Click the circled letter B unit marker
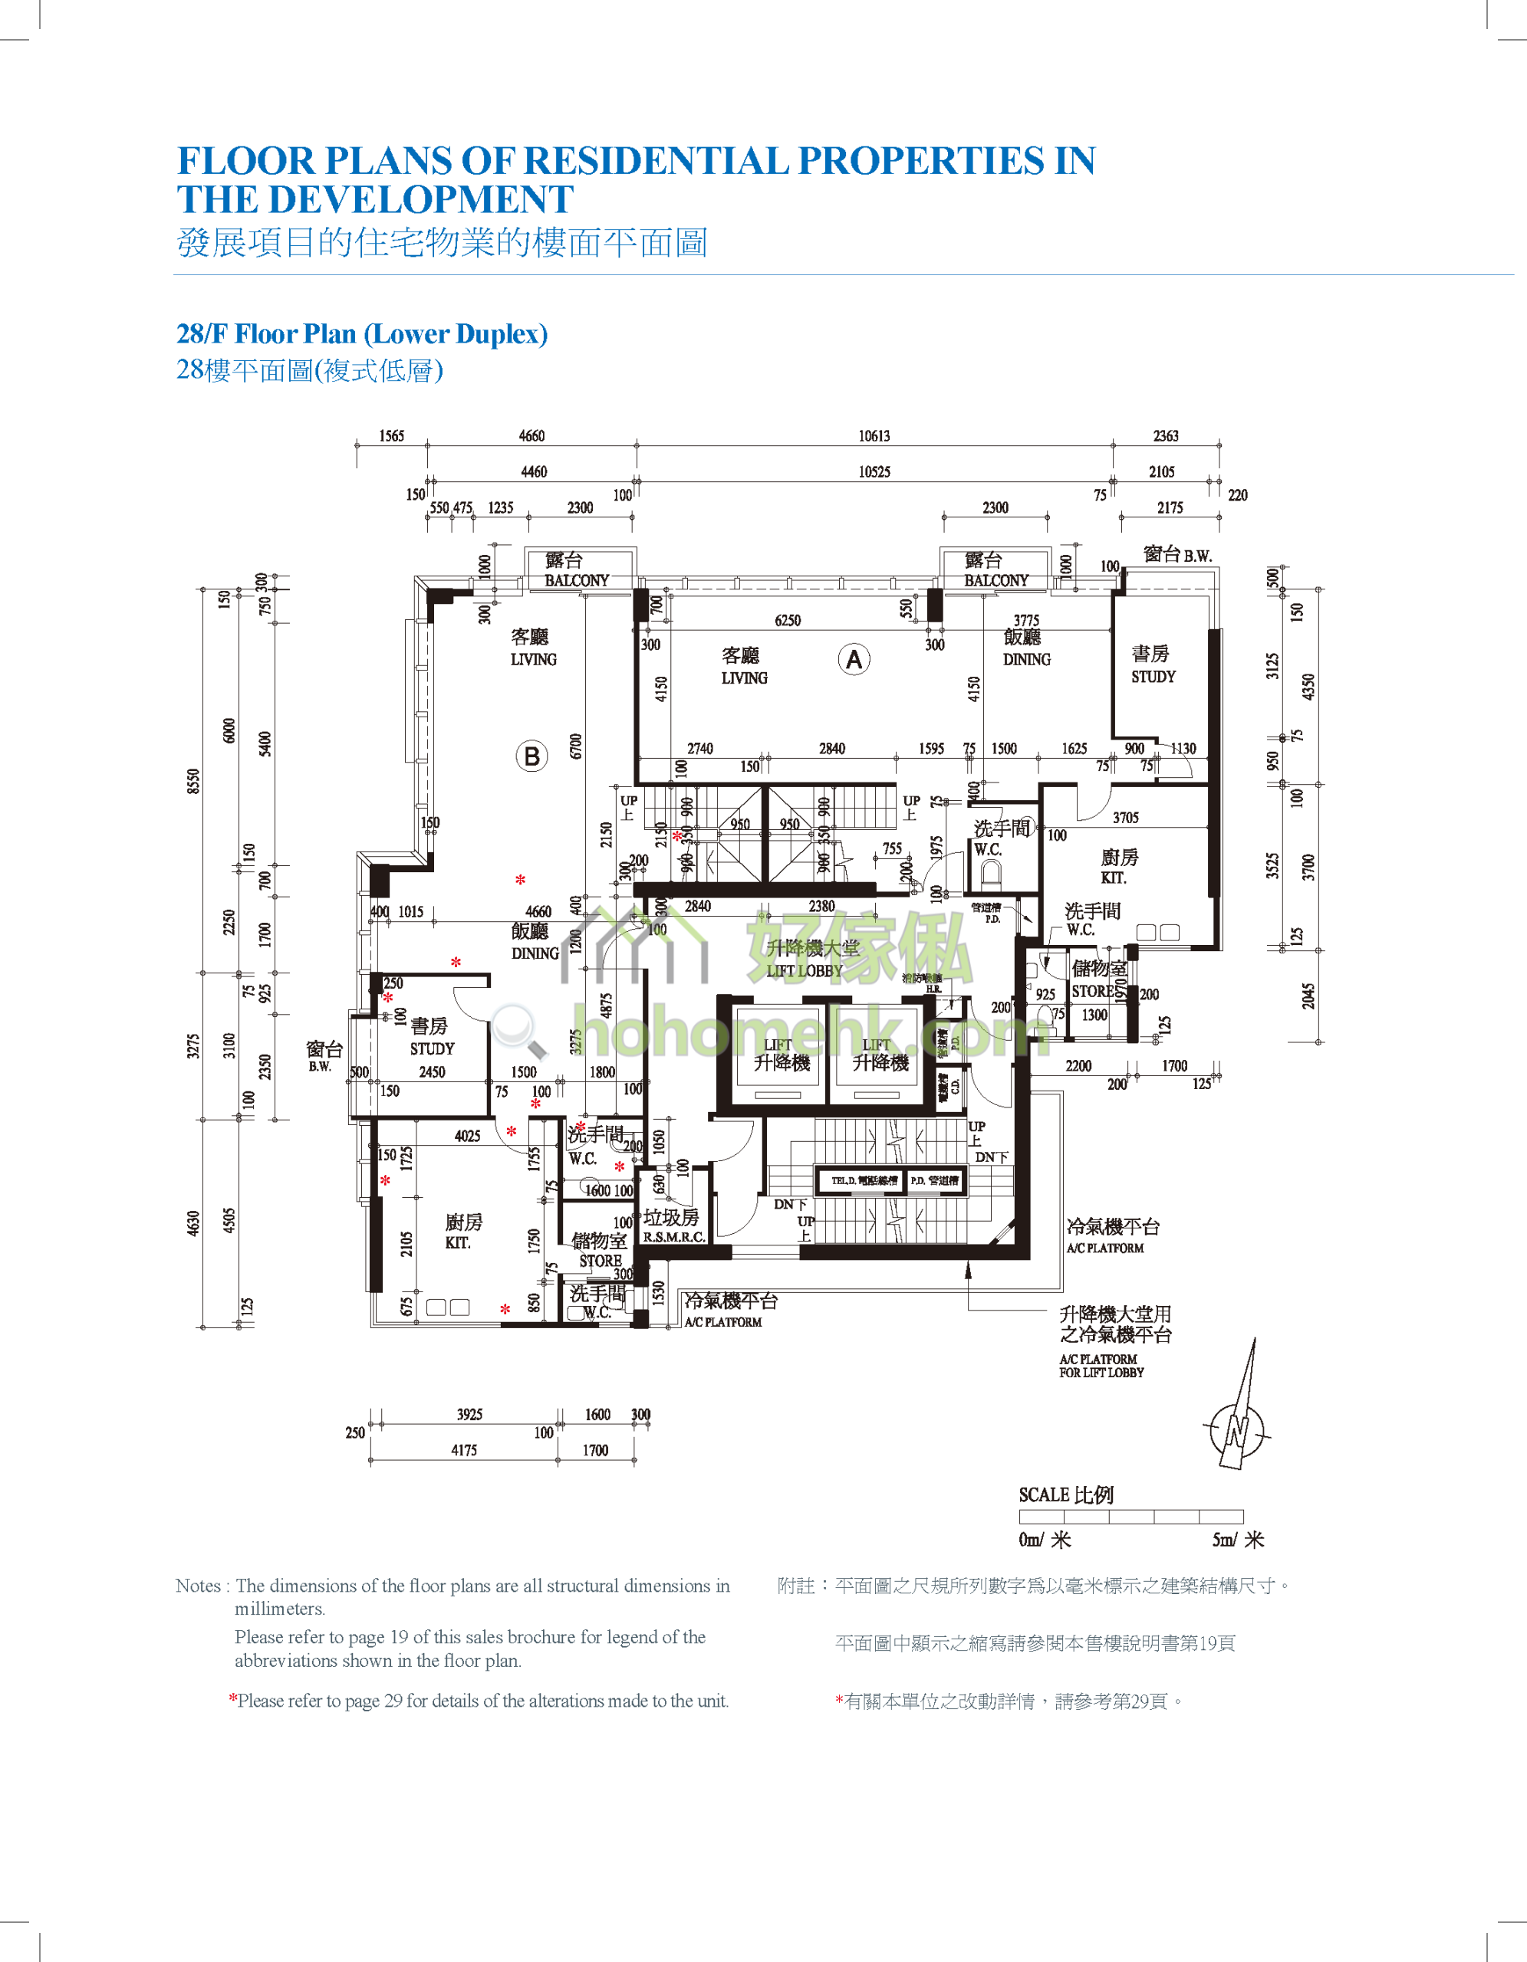[x=531, y=756]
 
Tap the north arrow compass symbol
[x=1239, y=1429]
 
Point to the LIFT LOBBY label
[x=805, y=970]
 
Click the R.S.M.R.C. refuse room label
[x=673, y=1237]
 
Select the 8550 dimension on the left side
[x=193, y=781]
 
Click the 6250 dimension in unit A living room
[x=788, y=621]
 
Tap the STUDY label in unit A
[x=1153, y=677]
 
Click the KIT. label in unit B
[x=457, y=1243]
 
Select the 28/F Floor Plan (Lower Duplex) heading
[x=362, y=334]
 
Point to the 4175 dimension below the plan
[x=464, y=1450]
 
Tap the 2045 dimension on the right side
[x=1308, y=996]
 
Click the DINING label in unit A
[x=1026, y=659]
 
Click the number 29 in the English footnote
[x=393, y=1701]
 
